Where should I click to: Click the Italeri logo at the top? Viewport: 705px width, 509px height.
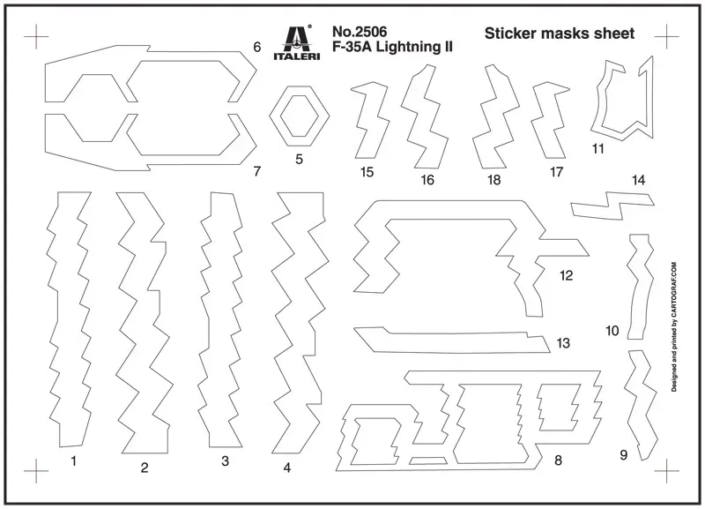coord(297,42)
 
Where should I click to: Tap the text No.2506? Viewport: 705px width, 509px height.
coord(360,32)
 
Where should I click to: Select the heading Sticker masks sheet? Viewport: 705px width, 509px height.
coord(560,34)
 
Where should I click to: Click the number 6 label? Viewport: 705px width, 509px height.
coord(257,47)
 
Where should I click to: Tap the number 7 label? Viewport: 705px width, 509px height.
coord(257,171)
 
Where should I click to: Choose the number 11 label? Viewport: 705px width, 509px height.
coord(598,148)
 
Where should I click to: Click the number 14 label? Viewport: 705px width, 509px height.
coord(638,180)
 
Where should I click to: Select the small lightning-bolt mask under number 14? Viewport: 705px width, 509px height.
coord(612,205)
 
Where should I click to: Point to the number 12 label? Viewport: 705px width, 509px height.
coord(566,275)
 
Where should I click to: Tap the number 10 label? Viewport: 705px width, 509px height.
coord(612,331)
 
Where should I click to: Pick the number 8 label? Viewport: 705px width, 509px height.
coord(558,460)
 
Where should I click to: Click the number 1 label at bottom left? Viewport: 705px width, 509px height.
coord(74,460)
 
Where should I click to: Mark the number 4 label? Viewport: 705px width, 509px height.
coord(287,468)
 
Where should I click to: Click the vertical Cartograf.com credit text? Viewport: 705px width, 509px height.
coord(674,326)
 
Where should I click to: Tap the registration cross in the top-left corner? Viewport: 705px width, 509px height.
coord(36,36)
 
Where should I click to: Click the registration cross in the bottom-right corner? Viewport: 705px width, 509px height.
coord(667,471)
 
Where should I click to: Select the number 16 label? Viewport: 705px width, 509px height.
coord(427,180)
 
